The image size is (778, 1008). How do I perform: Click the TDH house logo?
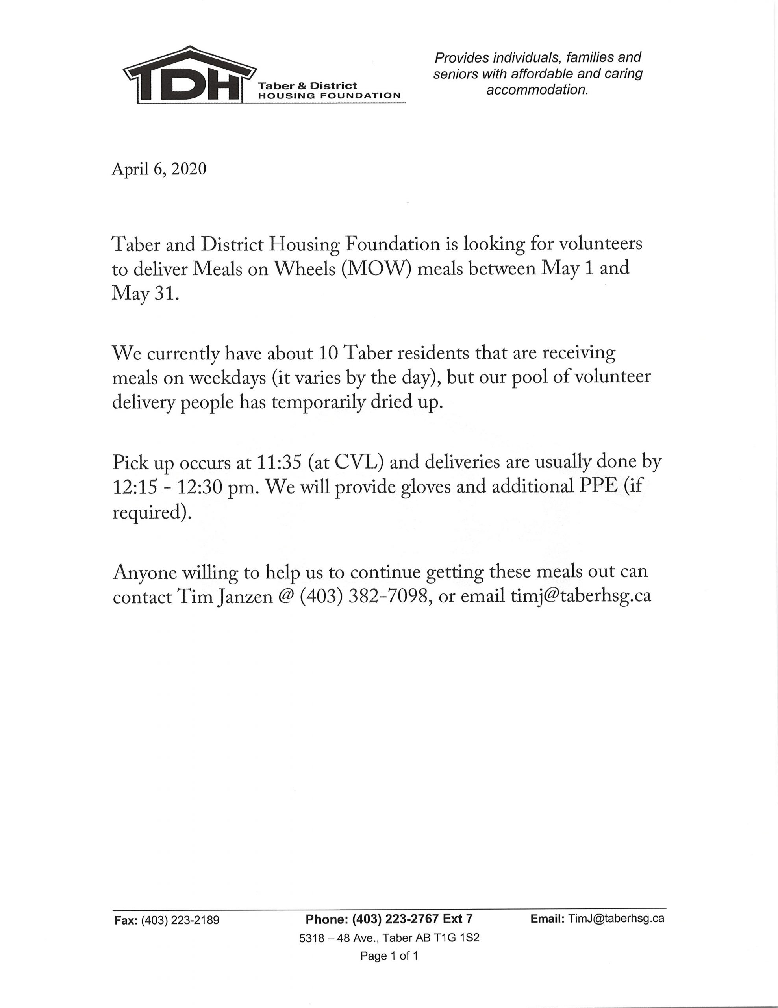point(189,76)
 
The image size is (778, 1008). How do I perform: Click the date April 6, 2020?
point(159,169)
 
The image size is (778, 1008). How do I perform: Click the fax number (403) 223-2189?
point(180,920)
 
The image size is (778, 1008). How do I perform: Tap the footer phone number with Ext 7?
point(389,919)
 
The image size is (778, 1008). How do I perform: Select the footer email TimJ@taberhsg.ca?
point(616,919)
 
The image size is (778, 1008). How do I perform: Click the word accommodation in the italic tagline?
point(537,89)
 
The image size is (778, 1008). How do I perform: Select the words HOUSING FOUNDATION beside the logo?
point(329,96)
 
